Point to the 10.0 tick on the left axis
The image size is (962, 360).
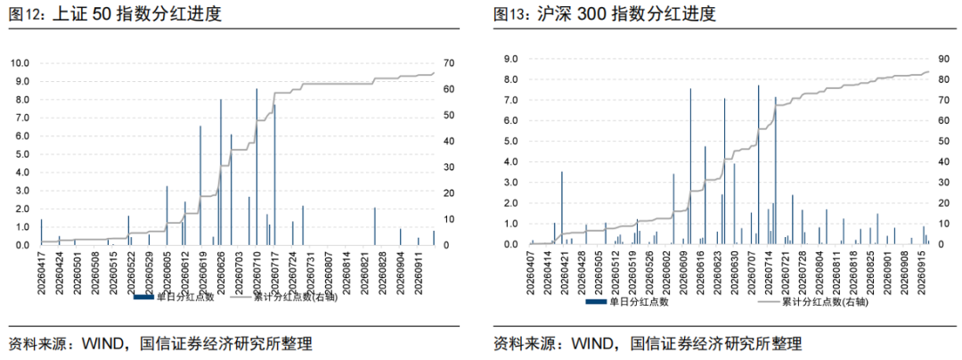tap(19, 63)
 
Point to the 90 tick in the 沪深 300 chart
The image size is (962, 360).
tap(945, 60)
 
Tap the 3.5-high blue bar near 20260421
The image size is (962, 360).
tap(562, 208)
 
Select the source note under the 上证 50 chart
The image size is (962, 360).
tap(160, 344)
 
